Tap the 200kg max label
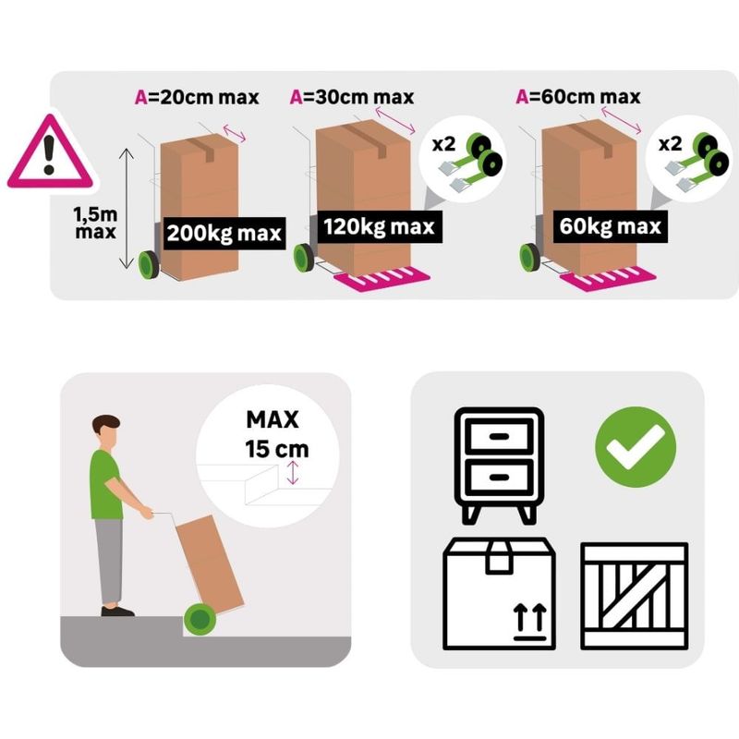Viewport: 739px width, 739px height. coord(224,234)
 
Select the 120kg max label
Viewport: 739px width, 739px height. coord(380,226)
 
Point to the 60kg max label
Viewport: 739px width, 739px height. coord(611,226)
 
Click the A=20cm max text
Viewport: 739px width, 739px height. coord(197,98)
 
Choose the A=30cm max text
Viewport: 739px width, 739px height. coord(352,97)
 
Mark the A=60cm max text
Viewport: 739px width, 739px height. coord(578,97)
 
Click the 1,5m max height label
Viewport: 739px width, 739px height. coord(95,223)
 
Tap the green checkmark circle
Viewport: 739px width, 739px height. coord(636,447)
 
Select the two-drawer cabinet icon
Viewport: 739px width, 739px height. coord(500,466)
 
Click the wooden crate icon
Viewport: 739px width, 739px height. coord(634,596)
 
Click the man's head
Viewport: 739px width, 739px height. coord(106,431)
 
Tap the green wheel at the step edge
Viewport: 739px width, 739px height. coord(200,619)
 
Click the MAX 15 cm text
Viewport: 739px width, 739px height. coord(276,434)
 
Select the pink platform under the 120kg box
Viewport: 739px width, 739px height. coord(382,279)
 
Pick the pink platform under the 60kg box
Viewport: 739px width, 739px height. coord(608,279)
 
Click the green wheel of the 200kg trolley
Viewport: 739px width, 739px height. coord(149,265)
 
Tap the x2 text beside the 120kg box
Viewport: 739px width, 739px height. coord(444,144)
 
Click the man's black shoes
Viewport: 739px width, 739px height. coord(117,612)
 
